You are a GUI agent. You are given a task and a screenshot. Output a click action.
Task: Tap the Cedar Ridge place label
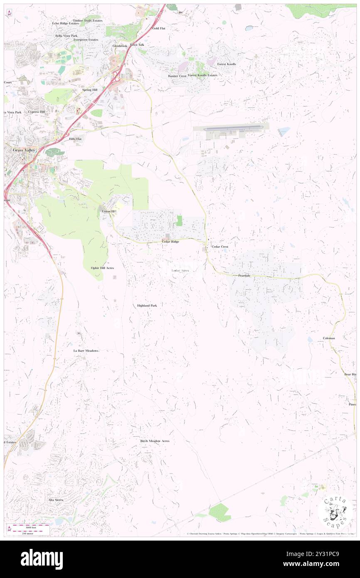coord(170,242)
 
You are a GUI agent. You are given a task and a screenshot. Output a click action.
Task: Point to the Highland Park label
coord(147,306)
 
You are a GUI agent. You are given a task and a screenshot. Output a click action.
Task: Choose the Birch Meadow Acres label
coord(155,441)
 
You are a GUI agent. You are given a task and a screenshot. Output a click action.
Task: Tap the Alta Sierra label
coord(55,500)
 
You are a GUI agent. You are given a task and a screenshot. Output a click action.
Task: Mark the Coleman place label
coord(329,338)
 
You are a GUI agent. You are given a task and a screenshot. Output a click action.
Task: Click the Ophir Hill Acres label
coord(102,268)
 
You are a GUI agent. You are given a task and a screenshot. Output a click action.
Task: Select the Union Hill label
coord(109,212)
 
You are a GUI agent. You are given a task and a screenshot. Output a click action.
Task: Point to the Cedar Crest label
coord(220,247)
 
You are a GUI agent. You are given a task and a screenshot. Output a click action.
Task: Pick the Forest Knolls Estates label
coord(202,75)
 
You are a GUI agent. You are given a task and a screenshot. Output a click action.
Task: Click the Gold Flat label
coord(158,28)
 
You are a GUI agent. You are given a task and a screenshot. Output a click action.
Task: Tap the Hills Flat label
coord(75,139)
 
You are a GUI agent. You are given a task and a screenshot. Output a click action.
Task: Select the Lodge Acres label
coord(180,271)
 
